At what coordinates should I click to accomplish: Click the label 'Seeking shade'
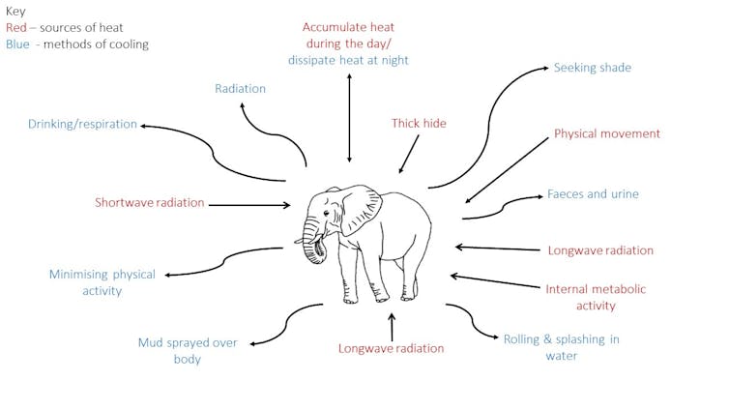pyautogui.click(x=592, y=69)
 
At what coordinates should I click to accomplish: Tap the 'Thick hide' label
pyautogui.click(x=419, y=124)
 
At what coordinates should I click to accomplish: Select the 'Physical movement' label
pyautogui.click(x=606, y=133)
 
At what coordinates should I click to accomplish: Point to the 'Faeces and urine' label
pyautogui.click(x=593, y=194)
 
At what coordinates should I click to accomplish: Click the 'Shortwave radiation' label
pyautogui.click(x=150, y=203)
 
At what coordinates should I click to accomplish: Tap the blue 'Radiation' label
pyautogui.click(x=240, y=89)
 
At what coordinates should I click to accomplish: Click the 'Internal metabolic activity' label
pyautogui.click(x=595, y=297)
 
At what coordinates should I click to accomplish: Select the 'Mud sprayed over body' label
pyautogui.click(x=188, y=350)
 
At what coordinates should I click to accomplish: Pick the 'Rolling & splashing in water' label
pyautogui.click(x=561, y=347)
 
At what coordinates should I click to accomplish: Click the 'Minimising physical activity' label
pyautogui.click(x=102, y=282)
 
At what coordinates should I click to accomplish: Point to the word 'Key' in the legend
pyautogui.click(x=15, y=12)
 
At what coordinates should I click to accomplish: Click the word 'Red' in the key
pyautogui.click(x=15, y=28)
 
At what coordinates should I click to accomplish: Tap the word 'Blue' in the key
pyautogui.click(x=17, y=44)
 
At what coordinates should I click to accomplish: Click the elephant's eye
pyautogui.click(x=326, y=215)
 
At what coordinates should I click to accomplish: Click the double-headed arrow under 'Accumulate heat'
pyautogui.click(x=349, y=116)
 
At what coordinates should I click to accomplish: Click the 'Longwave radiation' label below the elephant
pyautogui.click(x=391, y=348)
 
